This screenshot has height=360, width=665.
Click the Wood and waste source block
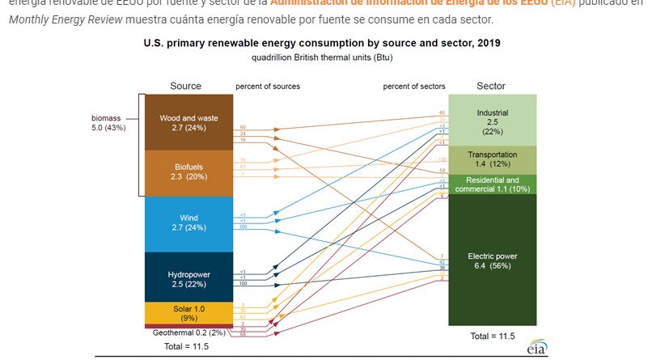coord(188,123)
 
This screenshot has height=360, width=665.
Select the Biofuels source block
coord(188,172)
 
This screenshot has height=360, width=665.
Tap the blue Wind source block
coord(188,223)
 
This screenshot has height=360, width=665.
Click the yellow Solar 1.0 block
coord(188,311)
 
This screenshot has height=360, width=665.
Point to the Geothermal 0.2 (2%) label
coord(188,332)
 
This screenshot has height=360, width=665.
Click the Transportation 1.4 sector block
coord(492,159)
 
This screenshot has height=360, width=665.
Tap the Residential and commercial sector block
coord(492,184)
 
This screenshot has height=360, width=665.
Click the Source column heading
coord(185,86)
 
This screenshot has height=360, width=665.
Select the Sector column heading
coord(491,86)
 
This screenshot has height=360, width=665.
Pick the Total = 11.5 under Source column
coord(187,346)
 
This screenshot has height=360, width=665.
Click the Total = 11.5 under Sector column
coord(492,335)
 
